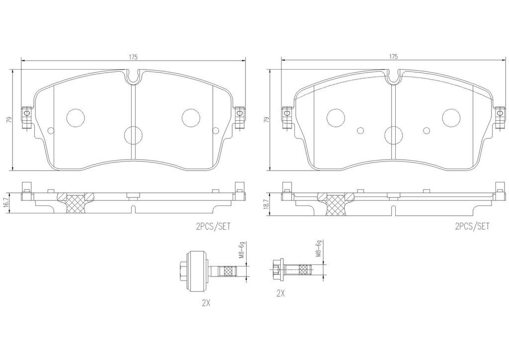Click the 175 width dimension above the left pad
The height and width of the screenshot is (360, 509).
point(133,57)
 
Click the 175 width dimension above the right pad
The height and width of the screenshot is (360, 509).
point(393,57)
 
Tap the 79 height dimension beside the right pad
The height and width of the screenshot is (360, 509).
point(266,120)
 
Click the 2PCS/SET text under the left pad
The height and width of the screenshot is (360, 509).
point(213,226)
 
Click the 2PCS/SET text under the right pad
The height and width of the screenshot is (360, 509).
point(472,226)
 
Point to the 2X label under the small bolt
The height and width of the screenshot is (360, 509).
point(281,294)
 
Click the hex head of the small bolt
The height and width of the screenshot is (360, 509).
point(276,270)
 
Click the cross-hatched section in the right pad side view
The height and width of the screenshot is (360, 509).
point(336,204)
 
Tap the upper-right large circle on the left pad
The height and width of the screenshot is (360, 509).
point(191,117)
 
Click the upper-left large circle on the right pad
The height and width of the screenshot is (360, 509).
point(336,117)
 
